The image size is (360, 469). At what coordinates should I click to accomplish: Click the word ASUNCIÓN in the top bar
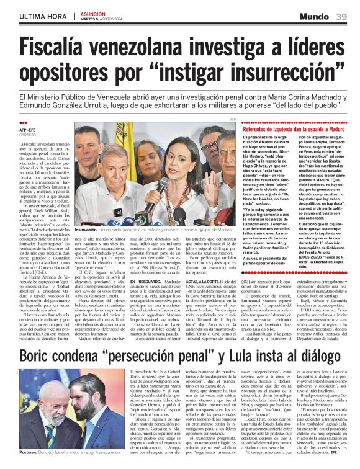pyautogui.click(x=91, y=12)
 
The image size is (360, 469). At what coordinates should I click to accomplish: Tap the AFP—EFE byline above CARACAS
pyautogui.click(x=29, y=129)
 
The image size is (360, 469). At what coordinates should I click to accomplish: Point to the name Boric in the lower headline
pyautogui.click(x=42, y=357)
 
